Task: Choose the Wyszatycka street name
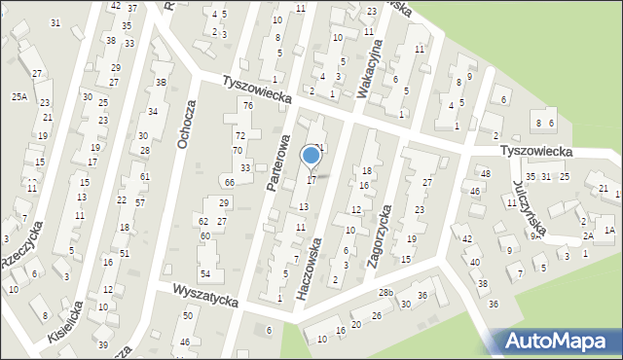click(x=204, y=295)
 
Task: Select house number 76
click(x=248, y=105)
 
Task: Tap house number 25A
click(x=19, y=97)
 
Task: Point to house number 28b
click(x=385, y=293)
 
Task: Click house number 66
click(x=230, y=183)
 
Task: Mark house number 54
click(x=205, y=274)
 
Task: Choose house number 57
click(x=140, y=202)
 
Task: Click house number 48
click(x=486, y=173)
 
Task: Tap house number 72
click(x=239, y=135)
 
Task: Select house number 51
click(x=124, y=253)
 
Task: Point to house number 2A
click(x=588, y=236)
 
